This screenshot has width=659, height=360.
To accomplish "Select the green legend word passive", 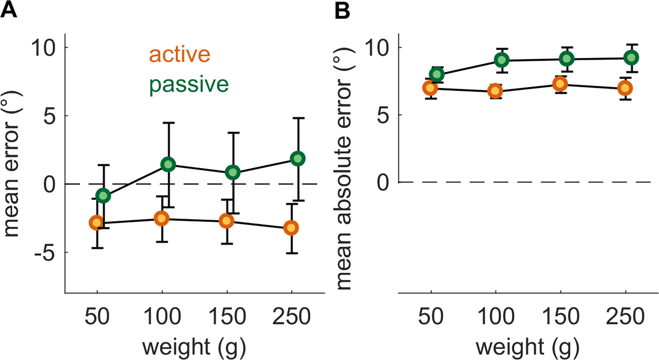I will (x=189, y=85).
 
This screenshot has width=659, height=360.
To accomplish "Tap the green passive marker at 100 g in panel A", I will (x=168, y=164).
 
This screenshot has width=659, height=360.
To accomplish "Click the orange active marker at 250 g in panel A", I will (x=291, y=228).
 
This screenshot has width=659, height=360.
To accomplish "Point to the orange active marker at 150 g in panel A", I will (x=227, y=221).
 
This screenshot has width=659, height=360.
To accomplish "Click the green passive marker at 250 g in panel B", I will (x=631, y=58).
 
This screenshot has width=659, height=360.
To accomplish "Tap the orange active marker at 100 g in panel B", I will (x=496, y=91).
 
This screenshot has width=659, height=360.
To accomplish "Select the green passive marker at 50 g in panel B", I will (x=437, y=74).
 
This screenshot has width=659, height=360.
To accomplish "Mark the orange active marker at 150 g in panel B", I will (x=560, y=84).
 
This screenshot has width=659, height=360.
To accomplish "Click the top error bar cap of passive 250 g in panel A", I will (x=298, y=118).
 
